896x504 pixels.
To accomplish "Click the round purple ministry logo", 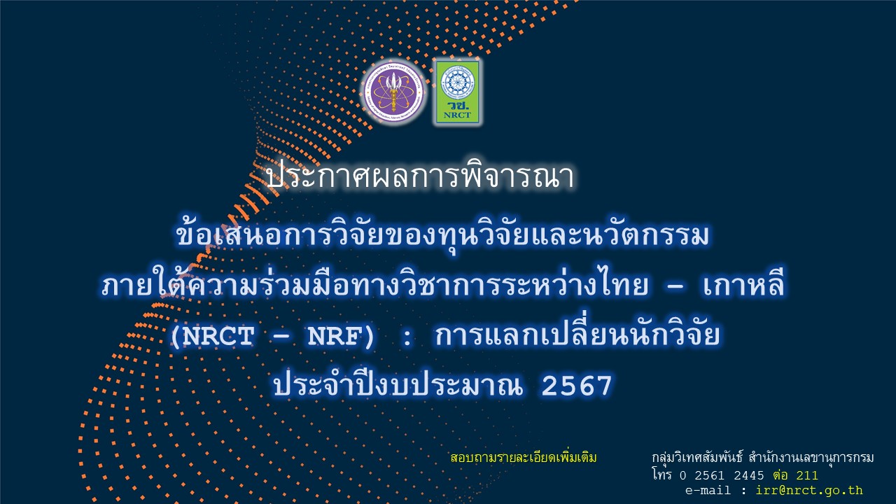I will click(393, 92).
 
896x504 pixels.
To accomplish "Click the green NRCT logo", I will click(457, 92).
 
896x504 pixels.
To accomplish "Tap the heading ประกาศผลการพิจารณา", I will click(420, 176).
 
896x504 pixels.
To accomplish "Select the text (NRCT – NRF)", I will click(274, 337).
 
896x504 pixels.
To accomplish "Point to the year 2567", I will click(577, 385).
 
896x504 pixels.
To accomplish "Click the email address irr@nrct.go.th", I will click(809, 491).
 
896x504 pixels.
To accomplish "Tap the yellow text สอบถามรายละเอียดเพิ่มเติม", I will click(524, 458).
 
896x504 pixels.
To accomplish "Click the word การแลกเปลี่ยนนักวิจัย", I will click(577, 337).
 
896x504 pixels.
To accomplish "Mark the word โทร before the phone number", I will click(661, 475).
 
